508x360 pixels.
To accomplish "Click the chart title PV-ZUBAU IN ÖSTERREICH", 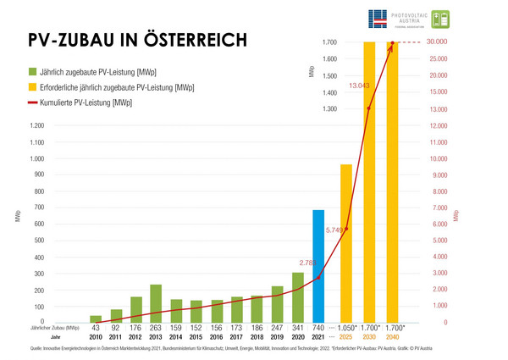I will tap(138, 40).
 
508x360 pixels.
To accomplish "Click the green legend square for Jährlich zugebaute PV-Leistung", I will tap(33, 71).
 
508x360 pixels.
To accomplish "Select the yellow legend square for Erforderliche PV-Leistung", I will tap(33, 87).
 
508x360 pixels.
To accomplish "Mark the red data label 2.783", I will tap(309, 263).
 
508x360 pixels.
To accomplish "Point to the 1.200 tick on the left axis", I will tap(36, 125).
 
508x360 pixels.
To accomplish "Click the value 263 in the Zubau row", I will tap(156, 328).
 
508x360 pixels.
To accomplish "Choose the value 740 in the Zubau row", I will tap(318, 328).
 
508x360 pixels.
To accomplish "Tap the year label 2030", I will tap(369, 337).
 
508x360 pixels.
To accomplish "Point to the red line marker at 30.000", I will tap(393, 42).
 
